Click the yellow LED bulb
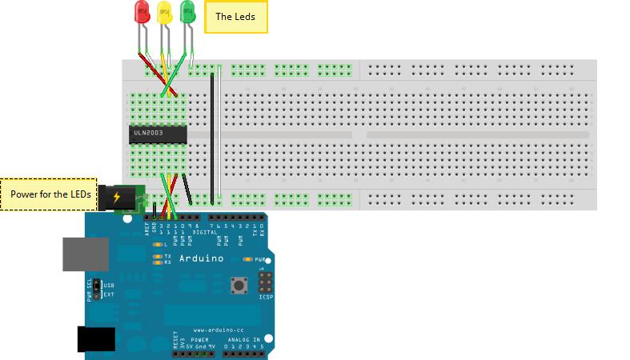(165, 11)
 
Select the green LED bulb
(188, 11)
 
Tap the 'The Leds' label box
(235, 17)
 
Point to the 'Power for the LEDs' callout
(49, 194)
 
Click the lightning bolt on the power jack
(118, 195)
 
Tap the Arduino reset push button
(238, 284)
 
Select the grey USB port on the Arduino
(86, 254)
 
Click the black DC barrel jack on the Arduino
(94, 339)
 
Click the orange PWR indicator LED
(248, 260)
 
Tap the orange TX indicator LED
(156, 256)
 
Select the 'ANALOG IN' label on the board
(244, 339)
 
